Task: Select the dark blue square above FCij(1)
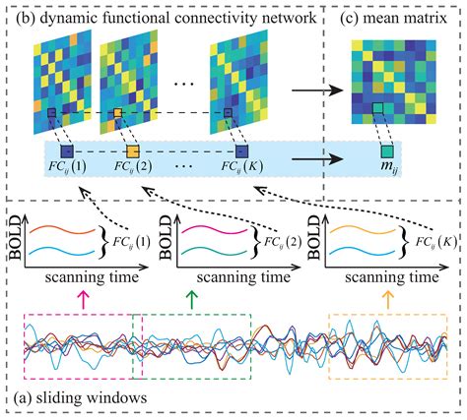coord(66,152)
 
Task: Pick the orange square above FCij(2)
coord(132,152)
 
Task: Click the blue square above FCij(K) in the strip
coord(241,152)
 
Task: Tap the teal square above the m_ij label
coord(390,152)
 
